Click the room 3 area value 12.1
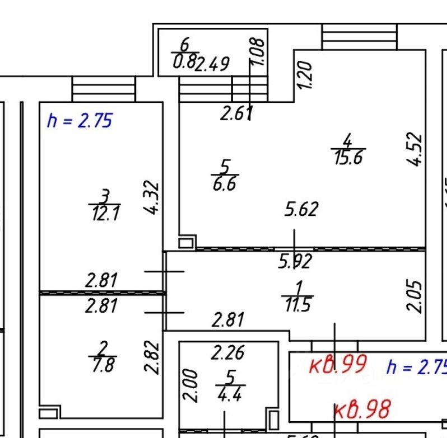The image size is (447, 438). tap(105, 213)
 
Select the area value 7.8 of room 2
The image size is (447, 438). tap(102, 365)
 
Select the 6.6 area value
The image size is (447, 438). tap(224, 184)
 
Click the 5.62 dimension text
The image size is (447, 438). tap(301, 209)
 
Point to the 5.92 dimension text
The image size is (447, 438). tap(295, 261)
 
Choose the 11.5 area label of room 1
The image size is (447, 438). tap(298, 306)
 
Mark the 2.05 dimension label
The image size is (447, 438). tap(415, 296)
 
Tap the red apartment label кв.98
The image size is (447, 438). tap(362, 410)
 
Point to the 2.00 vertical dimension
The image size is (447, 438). tap(190, 385)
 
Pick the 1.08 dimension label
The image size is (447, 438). tap(258, 52)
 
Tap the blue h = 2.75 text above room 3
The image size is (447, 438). tap(80, 120)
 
